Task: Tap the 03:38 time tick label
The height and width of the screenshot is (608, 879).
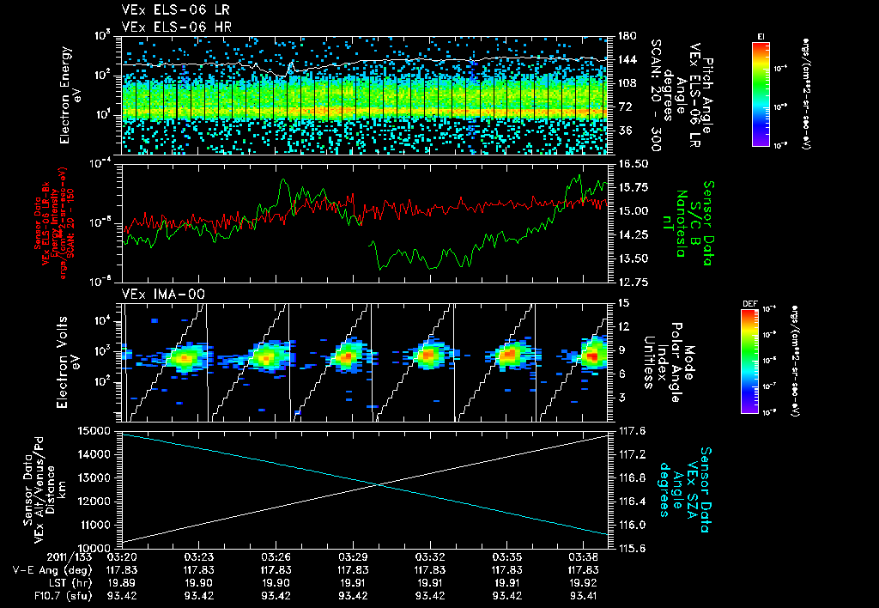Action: [x=584, y=556]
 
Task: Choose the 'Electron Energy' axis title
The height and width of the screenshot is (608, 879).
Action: [x=65, y=94]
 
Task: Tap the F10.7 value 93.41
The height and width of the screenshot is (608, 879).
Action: [x=584, y=594]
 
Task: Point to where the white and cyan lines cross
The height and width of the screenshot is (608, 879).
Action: [x=379, y=485]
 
